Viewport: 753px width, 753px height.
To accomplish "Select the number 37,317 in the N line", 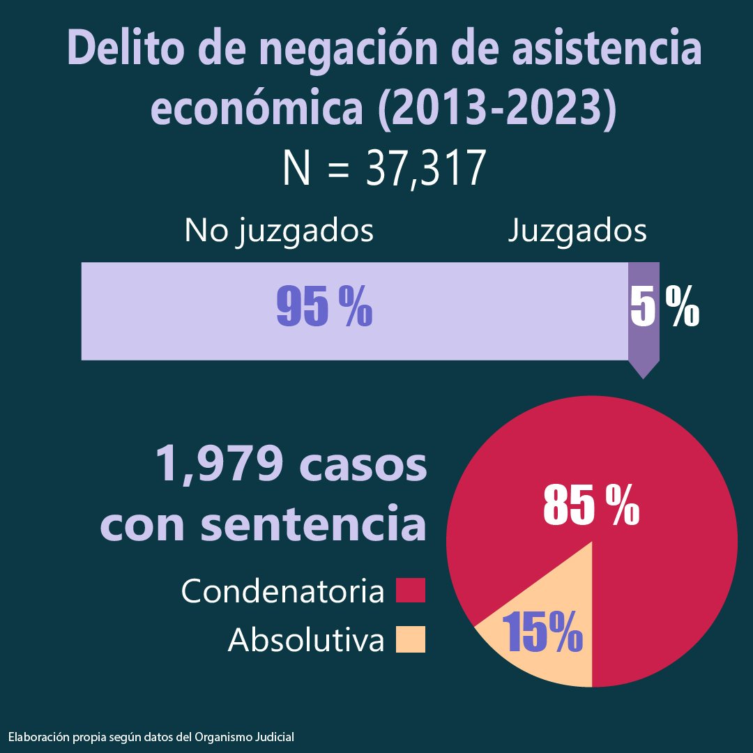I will [x=425, y=169].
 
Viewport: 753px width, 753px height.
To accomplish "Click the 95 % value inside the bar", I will [x=324, y=307].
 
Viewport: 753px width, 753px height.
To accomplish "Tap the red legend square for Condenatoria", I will [x=410, y=591].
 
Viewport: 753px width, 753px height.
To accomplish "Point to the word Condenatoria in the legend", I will [x=282, y=592].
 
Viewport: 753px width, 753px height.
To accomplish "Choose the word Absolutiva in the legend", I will [x=306, y=640].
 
